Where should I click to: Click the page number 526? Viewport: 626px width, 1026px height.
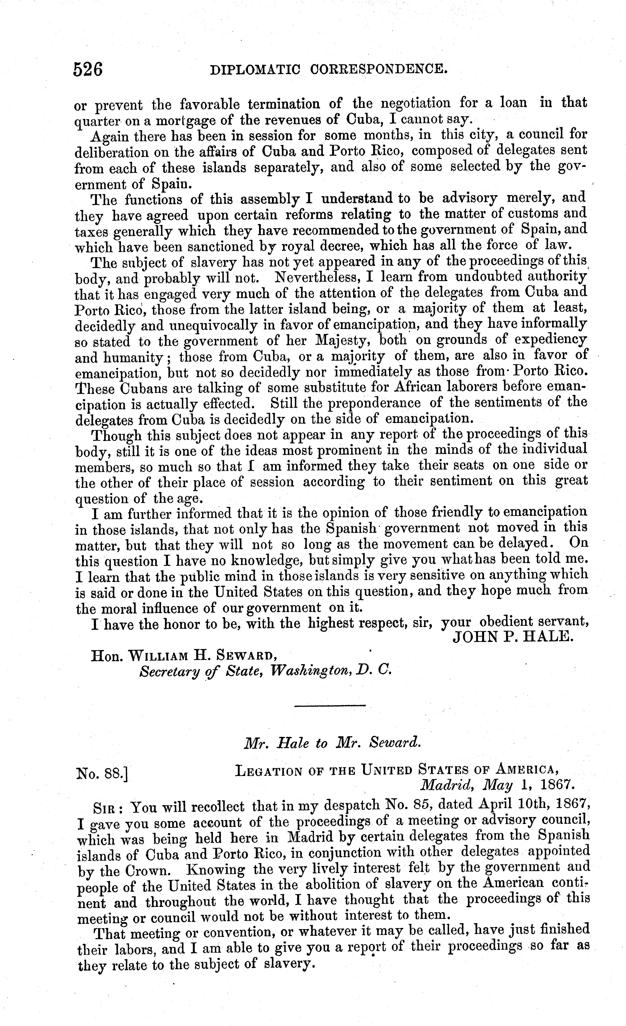pyautogui.click(x=88, y=69)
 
